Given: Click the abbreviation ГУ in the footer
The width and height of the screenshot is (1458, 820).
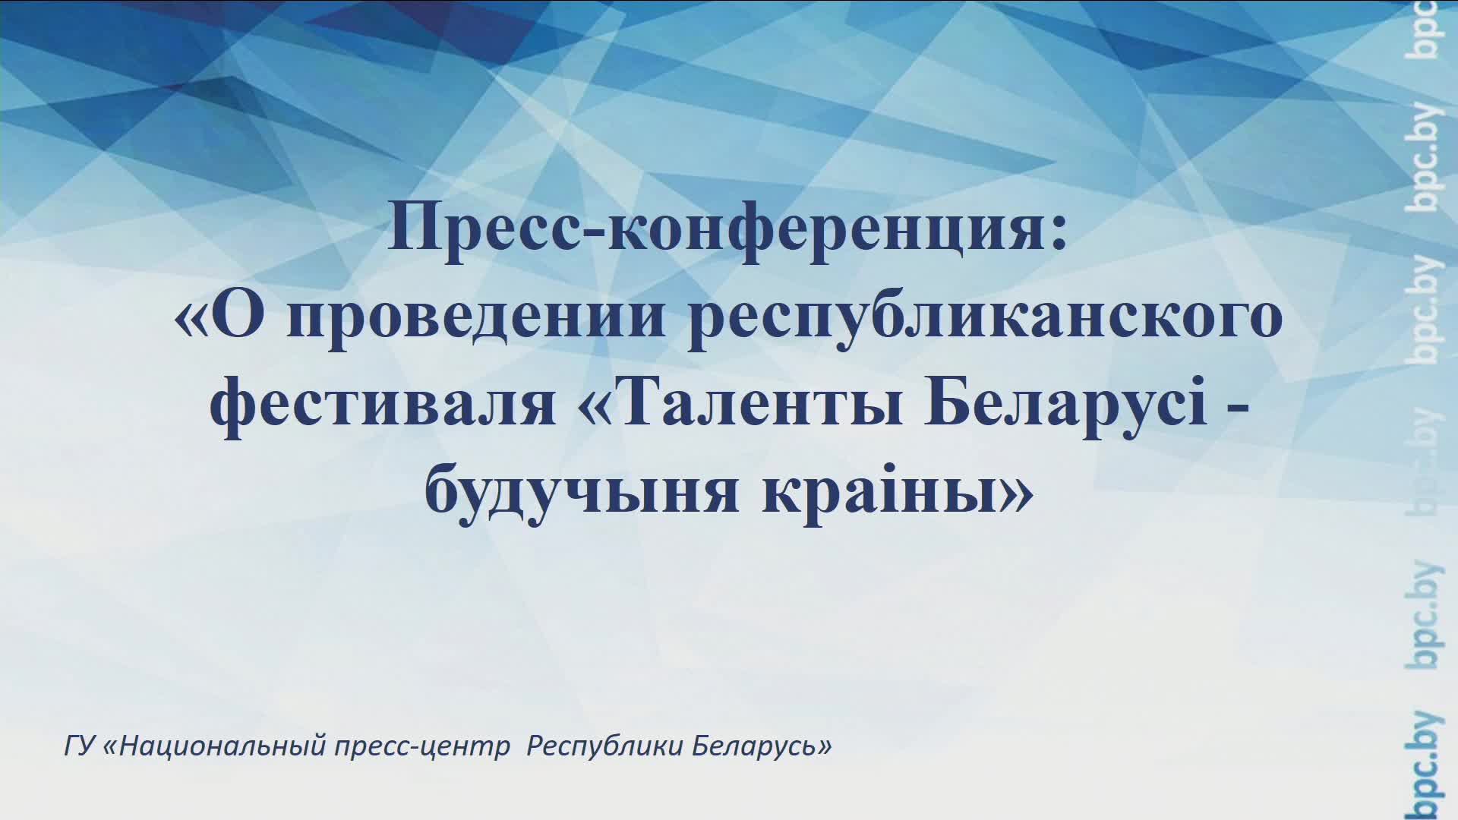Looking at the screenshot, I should point(77,747).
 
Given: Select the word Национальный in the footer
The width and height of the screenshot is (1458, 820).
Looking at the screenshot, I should point(223,747).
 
